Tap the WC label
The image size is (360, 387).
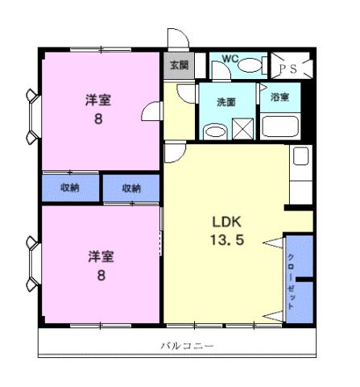pyautogui.click(x=231, y=60)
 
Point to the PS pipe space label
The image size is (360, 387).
pyautogui.click(x=288, y=69)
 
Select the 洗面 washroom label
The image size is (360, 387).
pyautogui.click(x=226, y=102)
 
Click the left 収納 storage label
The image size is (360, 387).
pyautogui.click(x=70, y=188)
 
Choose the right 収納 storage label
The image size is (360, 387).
pyautogui.click(x=131, y=188)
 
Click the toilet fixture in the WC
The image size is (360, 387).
pyautogui.click(x=250, y=66)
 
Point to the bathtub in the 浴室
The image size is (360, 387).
pyautogui.click(x=279, y=127)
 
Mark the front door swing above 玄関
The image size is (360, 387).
pyautogui.click(x=176, y=40)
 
